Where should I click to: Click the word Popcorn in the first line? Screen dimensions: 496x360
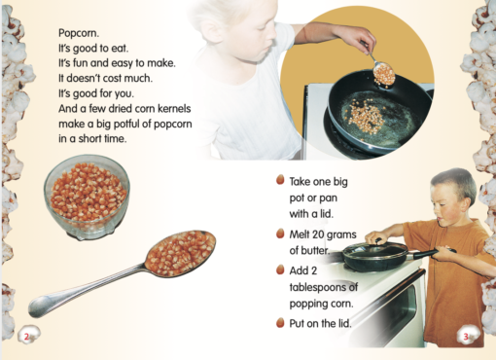[x=79, y=33]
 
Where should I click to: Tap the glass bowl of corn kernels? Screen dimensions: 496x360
[x=87, y=197]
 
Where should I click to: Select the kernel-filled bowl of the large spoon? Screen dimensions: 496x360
[x=180, y=253]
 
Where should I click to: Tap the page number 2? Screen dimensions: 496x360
[x=27, y=337]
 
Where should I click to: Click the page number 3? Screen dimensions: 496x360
[x=466, y=337]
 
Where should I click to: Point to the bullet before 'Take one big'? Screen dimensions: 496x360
[x=280, y=180]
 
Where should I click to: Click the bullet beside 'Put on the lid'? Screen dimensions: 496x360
[x=280, y=322]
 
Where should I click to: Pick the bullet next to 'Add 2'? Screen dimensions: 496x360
[x=280, y=270]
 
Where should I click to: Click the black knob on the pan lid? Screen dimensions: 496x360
[x=377, y=240]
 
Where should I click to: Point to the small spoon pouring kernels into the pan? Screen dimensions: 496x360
[x=382, y=72]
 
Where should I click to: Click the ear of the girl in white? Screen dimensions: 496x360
[x=213, y=31]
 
